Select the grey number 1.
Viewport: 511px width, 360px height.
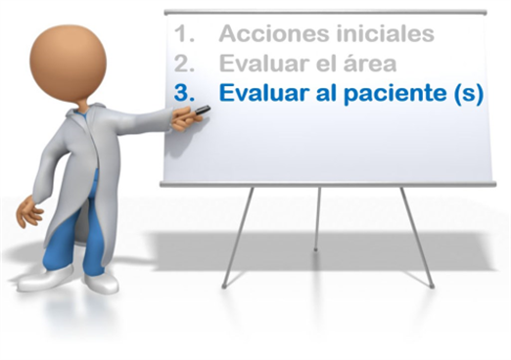(184, 33)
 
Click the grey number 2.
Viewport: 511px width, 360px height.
(184, 64)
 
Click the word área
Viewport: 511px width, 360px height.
(369, 63)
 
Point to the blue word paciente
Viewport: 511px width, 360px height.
(395, 93)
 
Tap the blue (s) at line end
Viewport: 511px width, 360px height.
(468, 94)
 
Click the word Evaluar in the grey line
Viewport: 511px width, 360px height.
(260, 63)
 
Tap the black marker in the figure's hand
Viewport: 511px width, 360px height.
(203, 110)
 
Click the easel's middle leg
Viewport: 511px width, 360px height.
(317, 218)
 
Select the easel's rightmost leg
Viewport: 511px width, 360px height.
(417, 238)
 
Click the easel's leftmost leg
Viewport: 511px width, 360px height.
(238, 238)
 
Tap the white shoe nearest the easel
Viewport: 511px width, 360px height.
(102, 283)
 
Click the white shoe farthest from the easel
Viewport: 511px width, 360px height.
(46, 278)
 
